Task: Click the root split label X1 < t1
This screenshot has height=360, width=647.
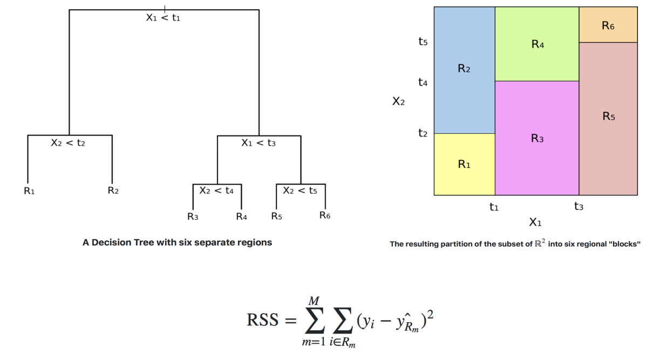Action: pyautogui.click(x=163, y=18)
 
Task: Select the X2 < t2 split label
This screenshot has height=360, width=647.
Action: pyautogui.click(x=68, y=143)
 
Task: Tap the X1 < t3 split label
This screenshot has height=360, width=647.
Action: pyautogui.click(x=258, y=143)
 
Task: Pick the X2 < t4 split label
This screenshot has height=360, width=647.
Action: pyautogui.click(x=216, y=191)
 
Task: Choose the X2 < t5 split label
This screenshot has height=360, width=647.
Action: pyautogui.click(x=300, y=191)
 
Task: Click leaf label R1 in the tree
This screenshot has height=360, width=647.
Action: pyautogui.click(x=29, y=191)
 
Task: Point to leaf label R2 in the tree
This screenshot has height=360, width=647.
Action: pyautogui.click(x=113, y=191)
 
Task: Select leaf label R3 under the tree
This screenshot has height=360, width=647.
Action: pyautogui.click(x=193, y=216)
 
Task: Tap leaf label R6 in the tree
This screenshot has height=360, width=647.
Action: pyautogui.click(x=324, y=216)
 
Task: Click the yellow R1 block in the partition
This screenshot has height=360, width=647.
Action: pyautogui.click(x=464, y=164)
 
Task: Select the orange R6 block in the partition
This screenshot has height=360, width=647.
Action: pyautogui.click(x=608, y=25)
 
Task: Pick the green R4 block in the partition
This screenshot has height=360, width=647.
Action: pyautogui.click(x=537, y=45)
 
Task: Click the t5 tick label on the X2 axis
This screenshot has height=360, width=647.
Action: pyautogui.click(x=423, y=41)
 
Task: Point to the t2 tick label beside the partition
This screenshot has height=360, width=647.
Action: pyautogui.click(x=423, y=133)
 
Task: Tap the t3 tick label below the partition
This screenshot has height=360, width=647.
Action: pyautogui.click(x=579, y=206)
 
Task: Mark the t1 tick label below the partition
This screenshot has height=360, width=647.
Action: pyautogui.click(x=494, y=206)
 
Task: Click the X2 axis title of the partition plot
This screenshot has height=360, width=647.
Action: pyautogui.click(x=398, y=101)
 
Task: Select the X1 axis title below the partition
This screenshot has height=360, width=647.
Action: pyautogui.click(x=535, y=222)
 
